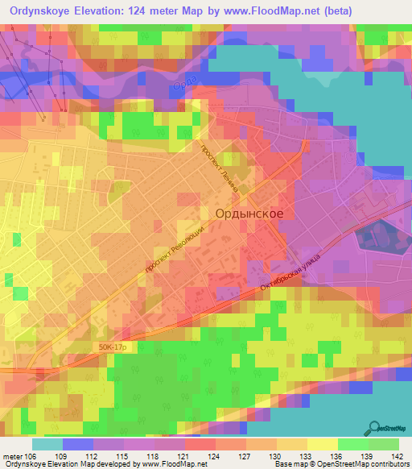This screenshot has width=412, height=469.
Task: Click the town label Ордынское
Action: coord(249,214)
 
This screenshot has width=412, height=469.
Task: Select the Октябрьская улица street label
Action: coord(290,273)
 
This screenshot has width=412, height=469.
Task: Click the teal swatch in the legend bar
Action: coord(47,444)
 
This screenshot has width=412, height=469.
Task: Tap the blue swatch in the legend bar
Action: coord(78,444)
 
